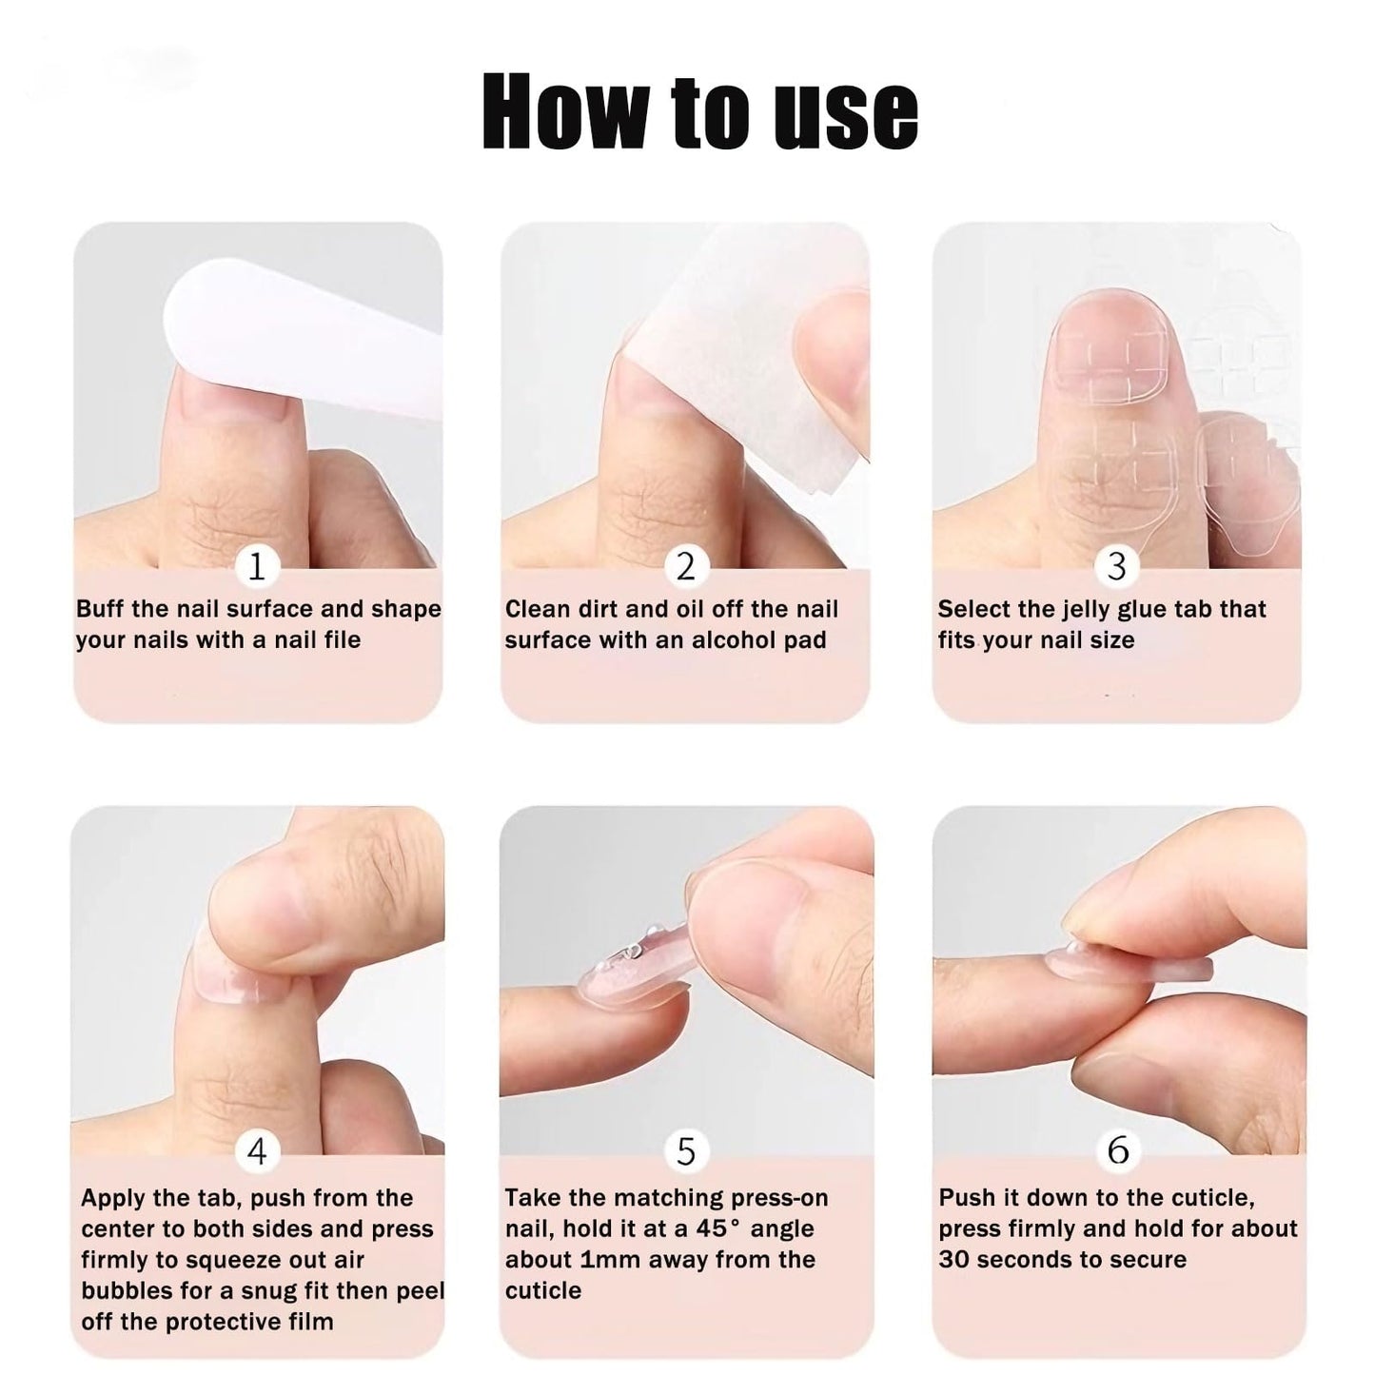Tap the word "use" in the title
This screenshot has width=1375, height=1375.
[846, 119]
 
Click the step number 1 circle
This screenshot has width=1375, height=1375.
[256, 566]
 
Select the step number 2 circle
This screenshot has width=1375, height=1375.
[686, 566]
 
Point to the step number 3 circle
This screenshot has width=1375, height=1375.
[1116, 566]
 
